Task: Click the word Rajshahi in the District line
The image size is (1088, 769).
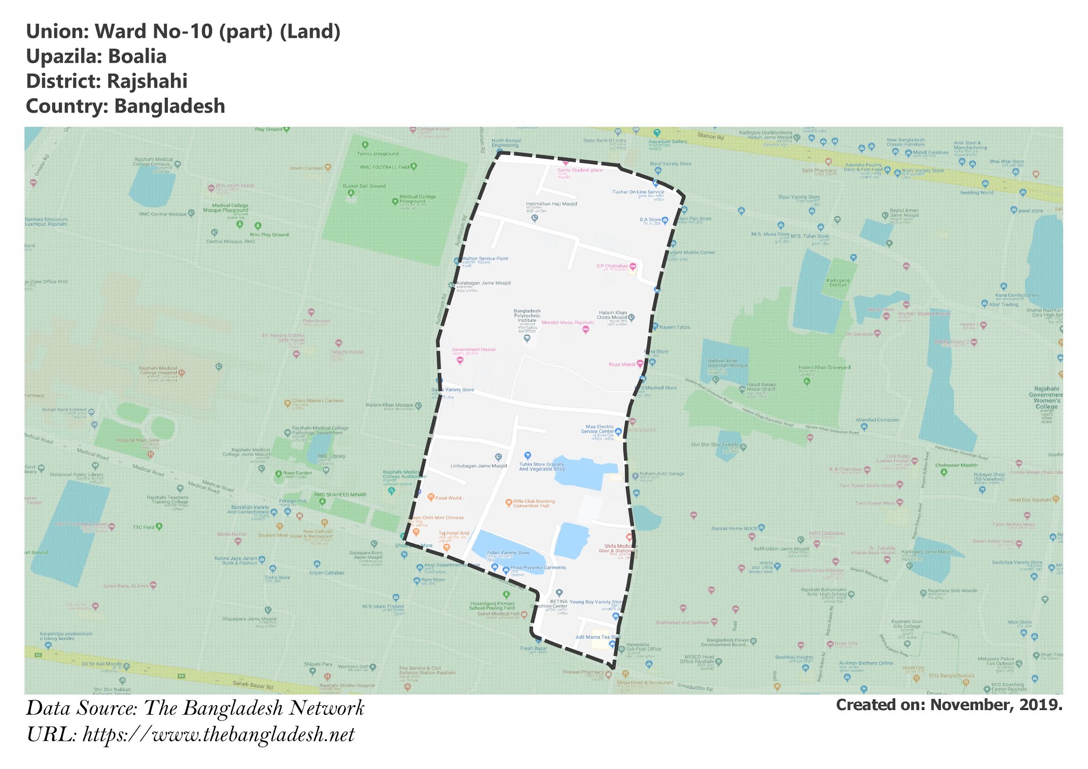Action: click(147, 81)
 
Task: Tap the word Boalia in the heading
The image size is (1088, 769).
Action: click(137, 56)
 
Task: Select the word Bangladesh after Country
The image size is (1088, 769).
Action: click(169, 106)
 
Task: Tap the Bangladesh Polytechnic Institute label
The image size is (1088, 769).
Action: click(526, 316)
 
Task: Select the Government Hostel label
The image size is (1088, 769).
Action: click(473, 350)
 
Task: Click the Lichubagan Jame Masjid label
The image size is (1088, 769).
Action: click(478, 466)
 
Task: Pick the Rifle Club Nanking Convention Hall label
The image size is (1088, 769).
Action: click(533, 503)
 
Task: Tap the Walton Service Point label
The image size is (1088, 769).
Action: click(484, 259)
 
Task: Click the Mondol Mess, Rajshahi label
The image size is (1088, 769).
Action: click(567, 323)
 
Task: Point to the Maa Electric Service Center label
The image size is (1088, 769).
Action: click(599, 429)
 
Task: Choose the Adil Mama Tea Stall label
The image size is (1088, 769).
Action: click(597, 637)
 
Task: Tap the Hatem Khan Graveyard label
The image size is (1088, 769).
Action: click(824, 368)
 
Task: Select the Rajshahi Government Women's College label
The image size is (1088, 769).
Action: click(1045, 397)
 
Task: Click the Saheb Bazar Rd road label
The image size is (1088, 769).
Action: click(253, 686)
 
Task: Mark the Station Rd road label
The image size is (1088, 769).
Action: click(710, 136)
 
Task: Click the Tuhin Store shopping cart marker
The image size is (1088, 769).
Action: click(527, 455)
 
